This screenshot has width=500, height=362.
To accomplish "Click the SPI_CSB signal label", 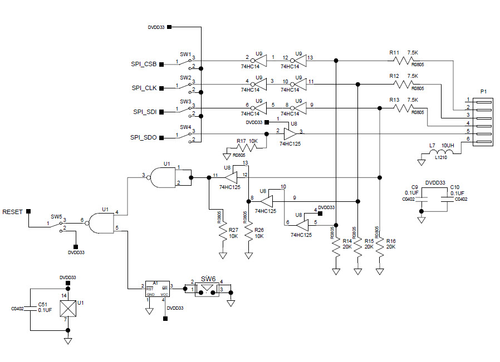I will (143, 65).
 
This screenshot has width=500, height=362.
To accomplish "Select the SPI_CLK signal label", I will (144, 88).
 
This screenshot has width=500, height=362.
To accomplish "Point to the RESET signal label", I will (13, 212).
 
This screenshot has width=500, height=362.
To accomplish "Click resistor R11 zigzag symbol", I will (404, 60).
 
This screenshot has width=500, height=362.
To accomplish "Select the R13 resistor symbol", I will (404, 108).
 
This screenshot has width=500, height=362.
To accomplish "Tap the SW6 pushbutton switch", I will (208, 289).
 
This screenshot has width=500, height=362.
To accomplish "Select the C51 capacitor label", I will (42, 304).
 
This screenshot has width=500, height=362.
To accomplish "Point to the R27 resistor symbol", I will (223, 232).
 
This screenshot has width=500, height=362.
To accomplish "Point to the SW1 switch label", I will (185, 54).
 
